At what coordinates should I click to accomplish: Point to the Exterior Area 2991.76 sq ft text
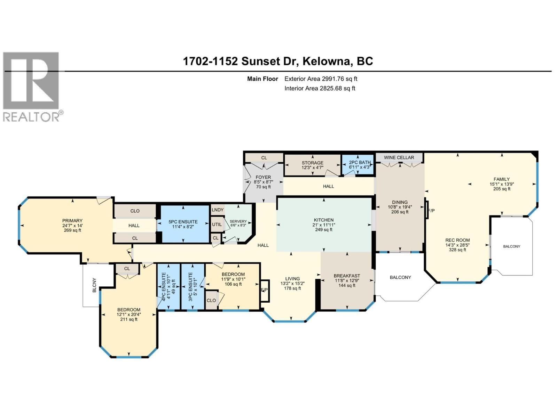pyautogui.click(x=321, y=79)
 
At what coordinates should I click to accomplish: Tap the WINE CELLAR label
pyautogui.click(x=399, y=157)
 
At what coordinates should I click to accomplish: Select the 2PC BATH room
pyautogui.click(x=360, y=165)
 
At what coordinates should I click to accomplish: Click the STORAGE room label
pyautogui.click(x=312, y=163)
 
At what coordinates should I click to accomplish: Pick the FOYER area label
pyautogui.click(x=263, y=177)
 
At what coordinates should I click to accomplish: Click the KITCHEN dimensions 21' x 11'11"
pyautogui.click(x=324, y=225)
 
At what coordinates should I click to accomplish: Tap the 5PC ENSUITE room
pyautogui.click(x=183, y=224)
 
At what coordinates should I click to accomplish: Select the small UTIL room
pyautogui.click(x=217, y=224)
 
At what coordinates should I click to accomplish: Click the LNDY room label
pyautogui.click(x=218, y=210)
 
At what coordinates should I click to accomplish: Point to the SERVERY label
pyautogui.click(x=238, y=221)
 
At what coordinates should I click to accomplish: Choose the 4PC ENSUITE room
pyautogui.click(x=168, y=286)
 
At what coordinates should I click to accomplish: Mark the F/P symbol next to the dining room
pyautogui.click(x=431, y=211)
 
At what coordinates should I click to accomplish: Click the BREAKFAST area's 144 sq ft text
pyautogui.click(x=347, y=286)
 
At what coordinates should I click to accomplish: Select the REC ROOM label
pyautogui.click(x=457, y=240)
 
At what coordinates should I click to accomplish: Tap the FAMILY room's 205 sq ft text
pyautogui.click(x=502, y=189)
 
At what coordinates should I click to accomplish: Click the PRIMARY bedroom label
pyautogui.click(x=72, y=221)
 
